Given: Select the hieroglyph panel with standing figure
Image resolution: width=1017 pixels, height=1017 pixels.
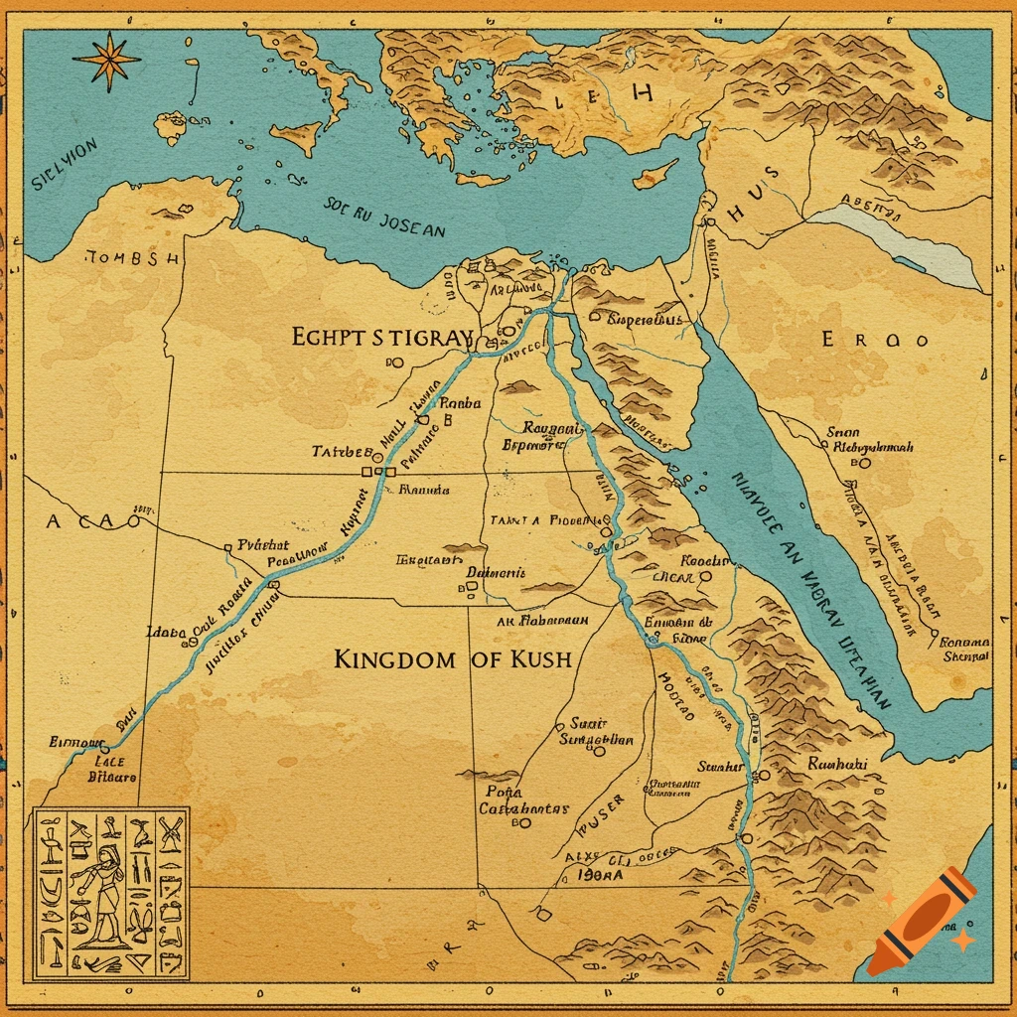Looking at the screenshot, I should click(x=110, y=892).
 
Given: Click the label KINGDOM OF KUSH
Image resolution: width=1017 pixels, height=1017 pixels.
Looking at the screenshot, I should click(x=453, y=658).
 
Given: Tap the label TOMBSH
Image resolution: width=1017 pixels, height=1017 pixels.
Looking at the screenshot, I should click(x=133, y=258).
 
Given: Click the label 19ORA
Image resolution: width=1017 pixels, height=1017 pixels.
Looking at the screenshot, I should click(x=599, y=876).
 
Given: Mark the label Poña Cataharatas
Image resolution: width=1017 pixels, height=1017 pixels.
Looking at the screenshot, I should click(x=523, y=800).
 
